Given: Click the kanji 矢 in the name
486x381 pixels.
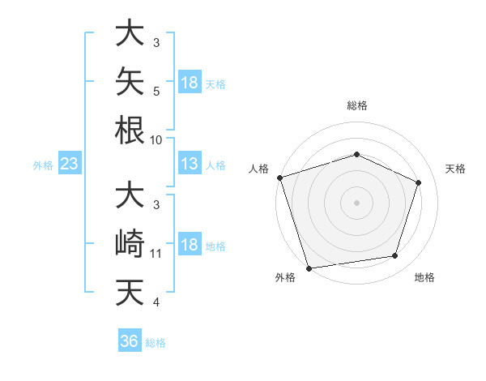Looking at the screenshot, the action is pos(130,81).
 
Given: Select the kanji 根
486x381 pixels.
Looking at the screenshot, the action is pos(130,131).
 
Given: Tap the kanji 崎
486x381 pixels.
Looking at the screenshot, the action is pos(130,243).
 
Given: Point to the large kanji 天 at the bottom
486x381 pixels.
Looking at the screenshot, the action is pos(130,292).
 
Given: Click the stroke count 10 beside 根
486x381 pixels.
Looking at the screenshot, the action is pos(156,140).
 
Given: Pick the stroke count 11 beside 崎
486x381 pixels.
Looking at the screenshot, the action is pos(156,254).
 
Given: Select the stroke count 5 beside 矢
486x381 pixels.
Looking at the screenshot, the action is pos(156,92).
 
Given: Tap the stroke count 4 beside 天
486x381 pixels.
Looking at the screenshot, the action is pos(156,302).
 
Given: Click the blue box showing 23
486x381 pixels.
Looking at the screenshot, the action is pos(70,163).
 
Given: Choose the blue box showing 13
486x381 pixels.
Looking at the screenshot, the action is pos(190,163).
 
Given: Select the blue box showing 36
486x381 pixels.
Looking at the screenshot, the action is pos(130,340).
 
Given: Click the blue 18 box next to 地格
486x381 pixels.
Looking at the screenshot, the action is pos(190,243).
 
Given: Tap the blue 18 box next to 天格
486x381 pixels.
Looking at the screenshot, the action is pos(190,82).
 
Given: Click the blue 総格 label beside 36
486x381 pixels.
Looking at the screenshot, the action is pos(156,343).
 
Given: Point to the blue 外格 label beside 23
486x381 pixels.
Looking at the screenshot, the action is pos(43,165).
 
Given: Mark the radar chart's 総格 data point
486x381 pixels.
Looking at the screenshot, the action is pos(356,154).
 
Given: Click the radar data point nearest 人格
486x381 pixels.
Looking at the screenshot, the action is pos(280,178).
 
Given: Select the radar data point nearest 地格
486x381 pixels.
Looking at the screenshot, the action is pos(395,255).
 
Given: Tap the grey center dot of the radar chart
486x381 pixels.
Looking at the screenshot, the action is pos(356,203).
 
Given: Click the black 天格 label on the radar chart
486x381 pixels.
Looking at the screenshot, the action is pos(455,169).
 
